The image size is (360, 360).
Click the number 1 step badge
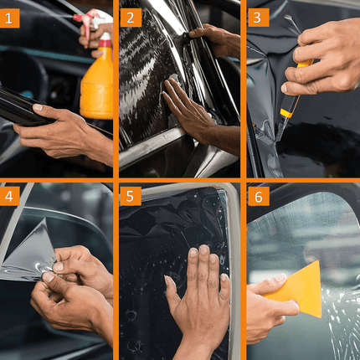click(x=9, y=18)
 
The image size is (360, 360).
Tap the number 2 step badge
click(x=131, y=18)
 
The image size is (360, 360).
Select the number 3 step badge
click(x=258, y=18)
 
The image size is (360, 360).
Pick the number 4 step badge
click(x=9, y=196)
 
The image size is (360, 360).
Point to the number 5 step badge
click(x=131, y=196)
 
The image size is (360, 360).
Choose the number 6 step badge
click(x=259, y=196)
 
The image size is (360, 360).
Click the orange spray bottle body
click(x=96, y=84)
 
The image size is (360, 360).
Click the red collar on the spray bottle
click(x=105, y=44)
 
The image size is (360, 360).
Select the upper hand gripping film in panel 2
click(x=216, y=40)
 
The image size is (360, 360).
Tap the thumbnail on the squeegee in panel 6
click(x=280, y=277)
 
